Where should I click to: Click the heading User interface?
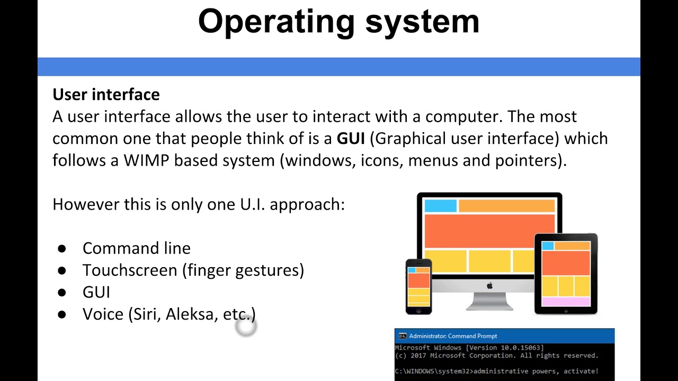coord(106,95)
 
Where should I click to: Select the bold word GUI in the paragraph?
coord(351,139)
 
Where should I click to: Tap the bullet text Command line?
coord(136,248)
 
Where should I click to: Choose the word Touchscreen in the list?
coord(130,270)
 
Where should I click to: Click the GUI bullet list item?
coord(96,293)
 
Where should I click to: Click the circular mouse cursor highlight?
coord(246,328)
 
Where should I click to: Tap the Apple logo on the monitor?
coord(489,286)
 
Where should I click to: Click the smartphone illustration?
coord(418,286)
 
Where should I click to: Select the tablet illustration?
coord(566,274)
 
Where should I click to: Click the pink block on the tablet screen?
coord(566,302)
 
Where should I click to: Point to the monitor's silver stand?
coord(489,302)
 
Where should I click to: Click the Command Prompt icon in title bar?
coord(402,336)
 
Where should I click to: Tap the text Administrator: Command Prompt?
coord(453,336)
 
